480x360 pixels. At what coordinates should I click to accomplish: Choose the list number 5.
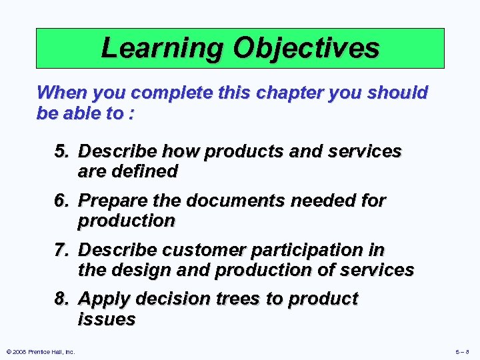(62, 152)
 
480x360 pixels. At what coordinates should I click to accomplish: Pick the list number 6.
(62, 201)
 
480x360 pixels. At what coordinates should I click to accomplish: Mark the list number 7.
(62, 250)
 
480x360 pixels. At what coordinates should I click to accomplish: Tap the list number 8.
(62, 299)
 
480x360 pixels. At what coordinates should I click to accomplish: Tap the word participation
(309, 250)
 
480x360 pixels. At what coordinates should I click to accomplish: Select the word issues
(107, 319)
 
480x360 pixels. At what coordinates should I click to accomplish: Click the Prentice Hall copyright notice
(40, 351)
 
